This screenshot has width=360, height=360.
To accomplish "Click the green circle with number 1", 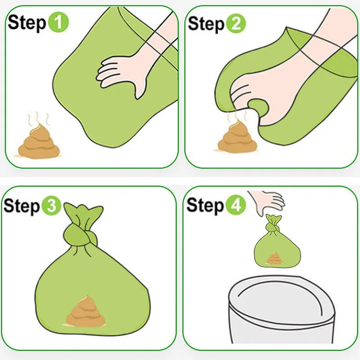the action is [x=58, y=22].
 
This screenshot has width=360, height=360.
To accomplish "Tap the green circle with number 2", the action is [x=236, y=23].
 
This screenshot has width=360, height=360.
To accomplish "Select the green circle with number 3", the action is [x=51, y=205].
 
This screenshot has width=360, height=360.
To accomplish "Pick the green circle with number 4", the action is [x=236, y=205].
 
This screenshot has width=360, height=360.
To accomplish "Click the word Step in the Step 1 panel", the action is [x=27, y=23].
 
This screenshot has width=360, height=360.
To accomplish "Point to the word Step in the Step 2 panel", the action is [x=206, y=24].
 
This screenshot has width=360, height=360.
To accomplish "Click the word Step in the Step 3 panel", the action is [x=22, y=206].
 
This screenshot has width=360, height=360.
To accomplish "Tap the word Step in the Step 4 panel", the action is [x=205, y=205].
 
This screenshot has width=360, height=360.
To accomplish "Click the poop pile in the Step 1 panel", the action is [x=39, y=142].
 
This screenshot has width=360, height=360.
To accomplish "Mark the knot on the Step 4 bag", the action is [x=273, y=228].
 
